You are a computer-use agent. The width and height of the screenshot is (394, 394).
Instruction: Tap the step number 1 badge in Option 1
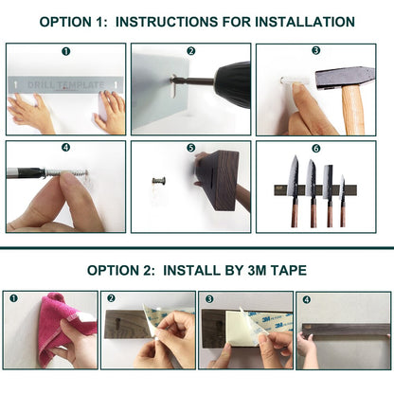click(65, 51)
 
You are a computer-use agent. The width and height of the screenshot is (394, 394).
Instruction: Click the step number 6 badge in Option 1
click(315, 149)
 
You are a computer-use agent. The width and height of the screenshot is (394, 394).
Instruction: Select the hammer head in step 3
click(346, 77)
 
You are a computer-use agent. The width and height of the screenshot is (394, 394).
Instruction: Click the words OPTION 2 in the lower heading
click(121, 270)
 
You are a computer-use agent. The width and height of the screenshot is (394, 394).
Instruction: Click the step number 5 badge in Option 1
click(190, 149)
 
